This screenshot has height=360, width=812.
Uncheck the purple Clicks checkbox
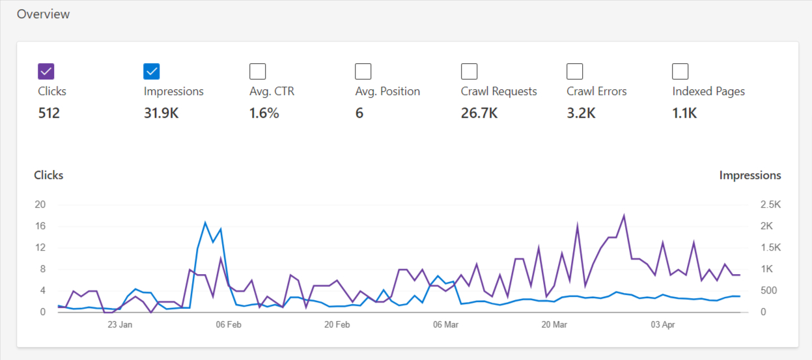click(x=46, y=71)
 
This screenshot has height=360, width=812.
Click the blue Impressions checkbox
click(x=152, y=71)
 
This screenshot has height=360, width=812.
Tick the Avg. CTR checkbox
click(x=258, y=71)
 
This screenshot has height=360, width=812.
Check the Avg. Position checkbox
click(x=363, y=71)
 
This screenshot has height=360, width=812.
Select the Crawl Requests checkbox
click(x=469, y=71)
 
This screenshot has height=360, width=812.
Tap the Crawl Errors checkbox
click(x=575, y=71)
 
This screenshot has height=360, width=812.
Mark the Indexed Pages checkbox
click(x=680, y=71)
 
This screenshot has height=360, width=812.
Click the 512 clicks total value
click(x=49, y=113)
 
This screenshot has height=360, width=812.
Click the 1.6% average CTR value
click(x=264, y=113)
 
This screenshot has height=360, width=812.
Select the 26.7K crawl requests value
click(x=479, y=113)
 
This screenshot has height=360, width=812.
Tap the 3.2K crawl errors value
click(x=581, y=113)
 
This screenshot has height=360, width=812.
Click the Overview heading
click(x=43, y=14)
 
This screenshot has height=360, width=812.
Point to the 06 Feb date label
click(x=229, y=324)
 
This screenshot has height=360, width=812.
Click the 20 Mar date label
click(x=554, y=324)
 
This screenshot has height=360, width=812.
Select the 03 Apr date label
click(x=663, y=324)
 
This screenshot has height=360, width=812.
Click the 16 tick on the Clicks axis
click(x=40, y=226)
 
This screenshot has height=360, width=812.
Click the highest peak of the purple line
click(x=624, y=215)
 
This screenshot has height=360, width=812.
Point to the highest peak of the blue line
click(x=205, y=223)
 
